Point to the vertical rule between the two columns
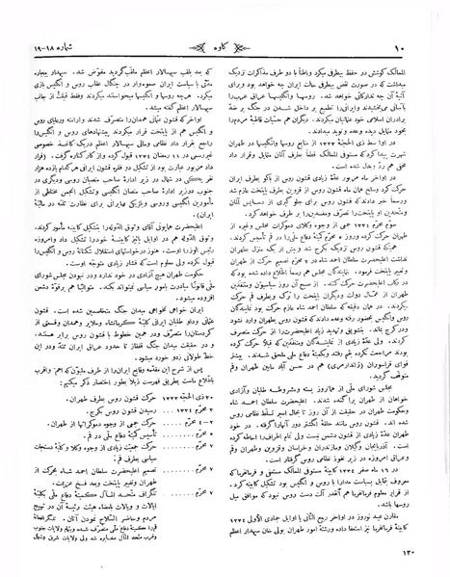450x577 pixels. [227, 289]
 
